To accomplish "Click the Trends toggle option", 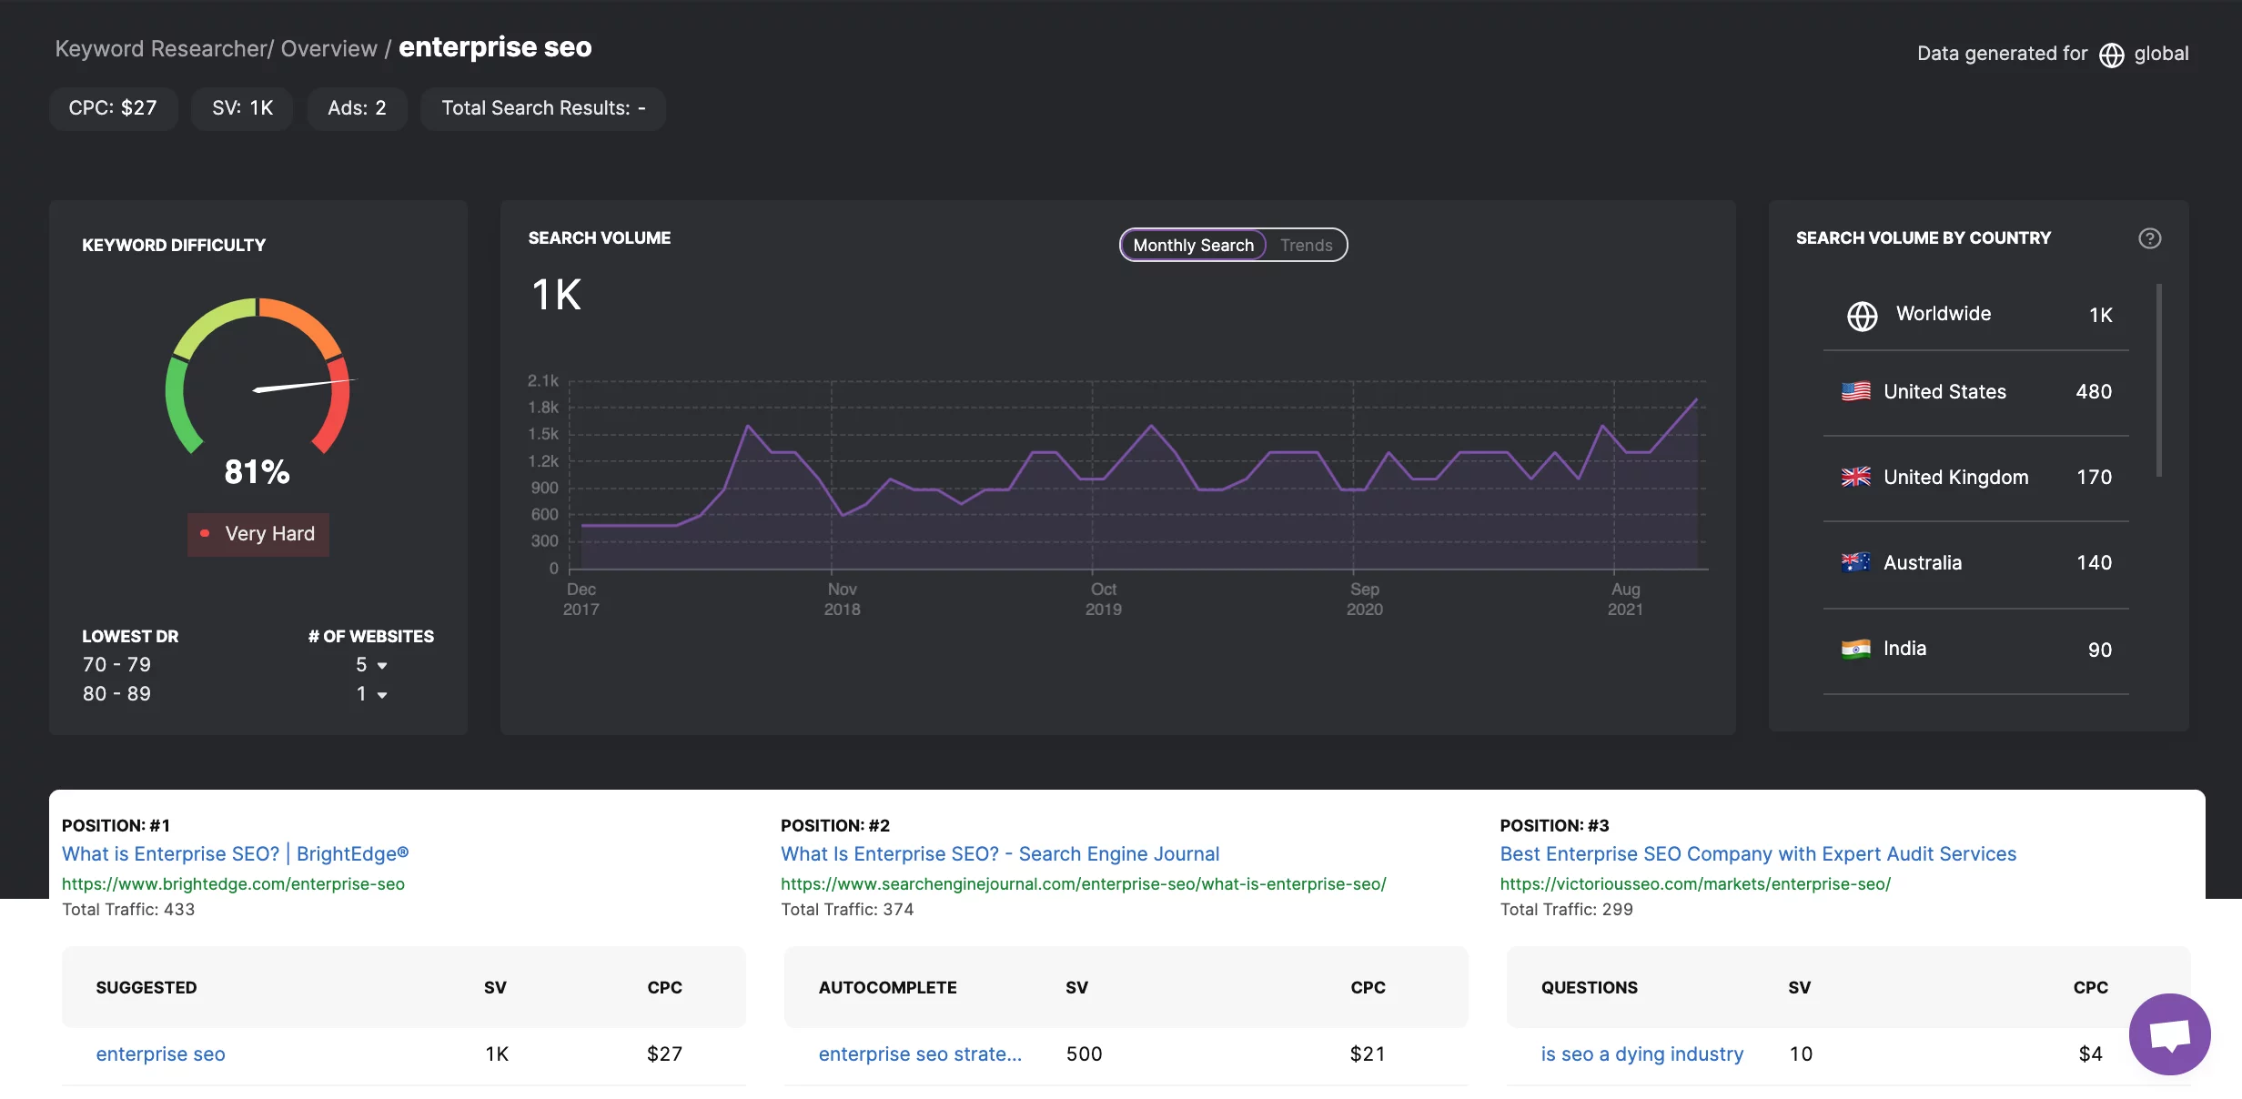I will pyautogui.click(x=1306, y=245).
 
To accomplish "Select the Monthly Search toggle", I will pyautogui.click(x=1193, y=245).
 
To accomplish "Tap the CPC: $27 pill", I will pyautogui.click(x=113, y=108).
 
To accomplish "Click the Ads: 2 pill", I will pyautogui.click(x=357, y=108).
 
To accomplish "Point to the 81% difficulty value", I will pyautogui.click(x=257, y=471).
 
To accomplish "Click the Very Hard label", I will pyautogui.click(x=269, y=534).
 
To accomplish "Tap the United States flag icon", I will pyautogui.click(x=1855, y=391).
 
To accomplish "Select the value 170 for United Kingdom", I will pyautogui.click(x=2094, y=478).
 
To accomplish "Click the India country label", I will pyautogui.click(x=1904, y=649).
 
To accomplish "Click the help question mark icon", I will pyautogui.click(x=2149, y=238).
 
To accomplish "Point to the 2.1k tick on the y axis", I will pyautogui.click(x=543, y=380).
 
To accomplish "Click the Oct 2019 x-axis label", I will pyautogui.click(x=1103, y=599).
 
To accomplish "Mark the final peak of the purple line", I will pyautogui.click(x=1696, y=399).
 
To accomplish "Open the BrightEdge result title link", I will pyautogui.click(x=235, y=853).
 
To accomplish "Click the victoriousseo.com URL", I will pyautogui.click(x=1695, y=883).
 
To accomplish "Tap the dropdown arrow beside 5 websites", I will pyautogui.click(x=382, y=666).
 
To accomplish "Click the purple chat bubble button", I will pyautogui.click(x=2169, y=1033).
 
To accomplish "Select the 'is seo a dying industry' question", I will pyautogui.click(x=1641, y=1054).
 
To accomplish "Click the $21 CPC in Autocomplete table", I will pyautogui.click(x=1367, y=1054).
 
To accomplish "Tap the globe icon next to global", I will pyautogui.click(x=2111, y=55).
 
